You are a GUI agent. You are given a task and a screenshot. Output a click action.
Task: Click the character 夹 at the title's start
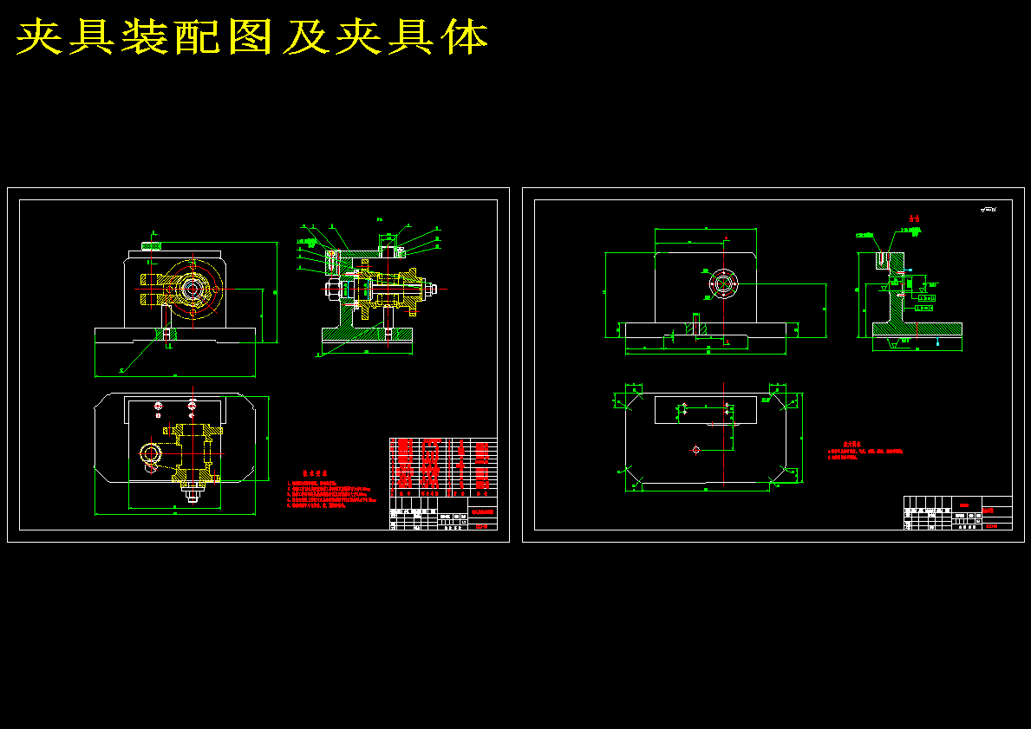[40, 37]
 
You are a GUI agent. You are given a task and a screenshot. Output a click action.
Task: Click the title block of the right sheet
[957, 512]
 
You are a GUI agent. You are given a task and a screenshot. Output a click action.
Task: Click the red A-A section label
[913, 218]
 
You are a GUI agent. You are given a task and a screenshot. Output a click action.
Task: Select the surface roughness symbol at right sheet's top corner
[988, 210]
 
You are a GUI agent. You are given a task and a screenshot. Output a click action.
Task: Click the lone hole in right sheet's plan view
[695, 449]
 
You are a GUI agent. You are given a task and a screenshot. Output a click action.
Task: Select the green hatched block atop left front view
[151, 246]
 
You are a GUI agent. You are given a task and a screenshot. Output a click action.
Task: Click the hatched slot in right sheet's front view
[694, 327]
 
